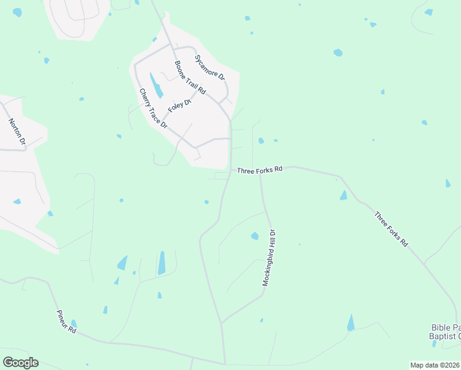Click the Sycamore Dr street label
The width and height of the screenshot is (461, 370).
210,68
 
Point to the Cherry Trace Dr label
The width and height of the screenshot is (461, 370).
153,108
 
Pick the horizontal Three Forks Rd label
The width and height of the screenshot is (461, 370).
260,169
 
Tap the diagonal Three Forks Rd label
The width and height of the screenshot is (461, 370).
391,229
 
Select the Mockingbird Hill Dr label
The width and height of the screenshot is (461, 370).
269,257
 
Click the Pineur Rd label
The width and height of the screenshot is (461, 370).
65,321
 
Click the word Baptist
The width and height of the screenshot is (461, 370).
443,336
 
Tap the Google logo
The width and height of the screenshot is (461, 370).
20,363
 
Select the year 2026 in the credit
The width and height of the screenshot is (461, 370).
452,365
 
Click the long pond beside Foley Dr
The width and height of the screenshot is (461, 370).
157,86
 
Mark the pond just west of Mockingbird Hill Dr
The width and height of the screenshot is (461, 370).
255,236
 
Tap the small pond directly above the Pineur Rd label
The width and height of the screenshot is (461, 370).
74,323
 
